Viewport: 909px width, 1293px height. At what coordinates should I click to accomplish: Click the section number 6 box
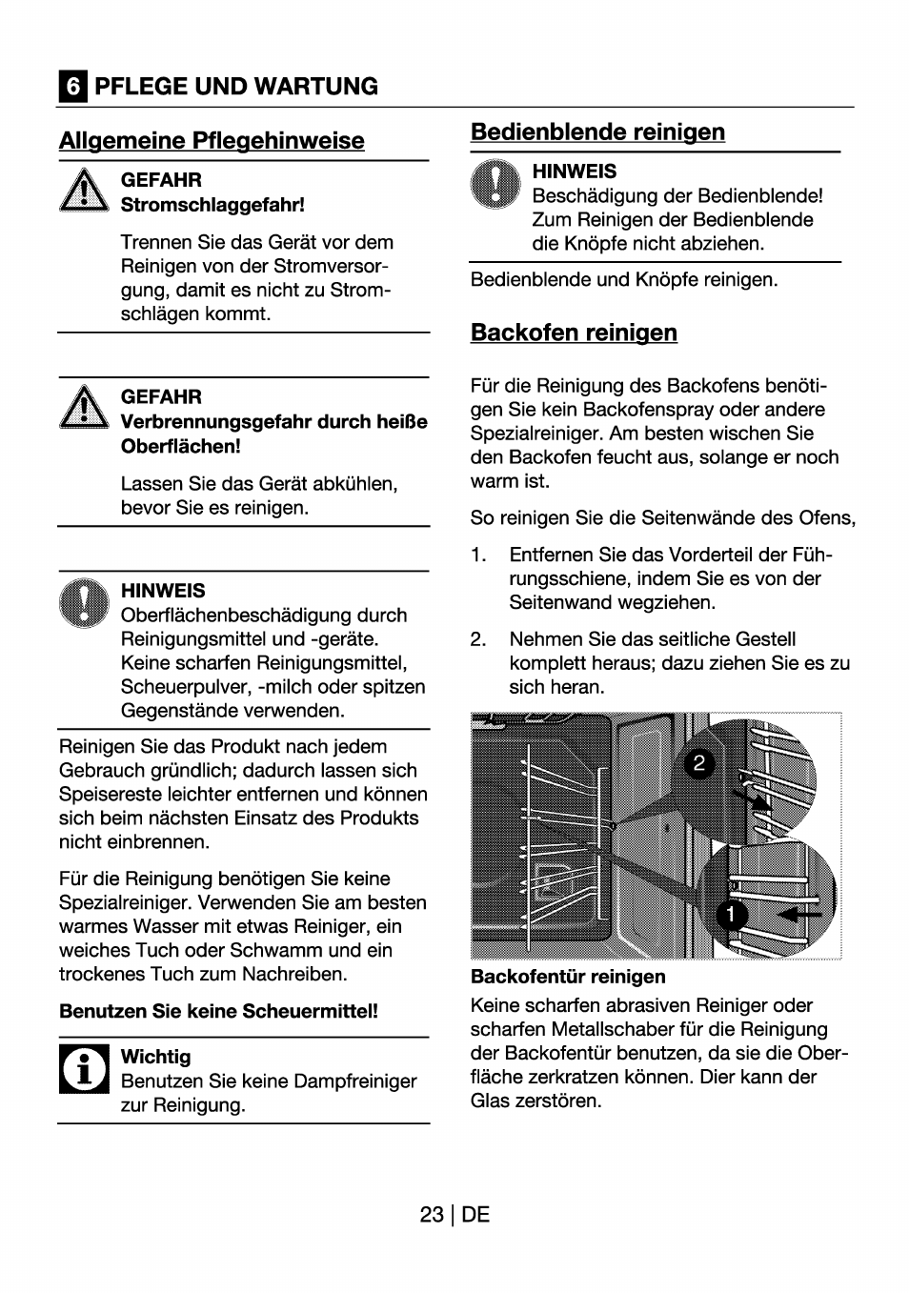coord(72,87)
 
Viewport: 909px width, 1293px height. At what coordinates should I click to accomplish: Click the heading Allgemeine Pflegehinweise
coord(212,140)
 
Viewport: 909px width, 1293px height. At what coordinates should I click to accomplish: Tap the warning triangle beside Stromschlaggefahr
coord(85,190)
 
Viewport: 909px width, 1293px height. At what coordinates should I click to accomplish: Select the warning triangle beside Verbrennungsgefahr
coord(85,407)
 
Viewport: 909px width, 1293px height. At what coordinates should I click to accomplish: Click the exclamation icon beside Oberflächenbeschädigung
coord(85,603)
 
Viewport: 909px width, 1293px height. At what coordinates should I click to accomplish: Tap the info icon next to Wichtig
coord(85,1068)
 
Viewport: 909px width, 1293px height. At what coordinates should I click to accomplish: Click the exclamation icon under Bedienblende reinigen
coord(495,184)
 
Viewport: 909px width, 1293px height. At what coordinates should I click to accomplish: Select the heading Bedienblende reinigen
coord(597,131)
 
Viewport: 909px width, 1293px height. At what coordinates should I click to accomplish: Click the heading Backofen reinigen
coord(574,333)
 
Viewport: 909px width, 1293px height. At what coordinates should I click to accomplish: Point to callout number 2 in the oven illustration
coord(699,763)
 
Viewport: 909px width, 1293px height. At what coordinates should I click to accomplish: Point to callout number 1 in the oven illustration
coord(731,915)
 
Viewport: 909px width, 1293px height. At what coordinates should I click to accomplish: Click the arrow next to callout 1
coord(799,914)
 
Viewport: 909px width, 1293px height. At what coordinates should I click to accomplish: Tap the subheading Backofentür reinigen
coord(568,977)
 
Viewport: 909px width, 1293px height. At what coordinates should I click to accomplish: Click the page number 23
coord(431,1215)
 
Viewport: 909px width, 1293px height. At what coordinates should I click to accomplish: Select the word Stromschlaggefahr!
coord(212,205)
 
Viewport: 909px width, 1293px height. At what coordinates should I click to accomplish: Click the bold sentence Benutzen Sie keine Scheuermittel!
coord(218,1011)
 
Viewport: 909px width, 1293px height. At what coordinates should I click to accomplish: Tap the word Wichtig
coord(155,1057)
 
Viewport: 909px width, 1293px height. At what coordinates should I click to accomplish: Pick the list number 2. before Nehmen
coord(478,639)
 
